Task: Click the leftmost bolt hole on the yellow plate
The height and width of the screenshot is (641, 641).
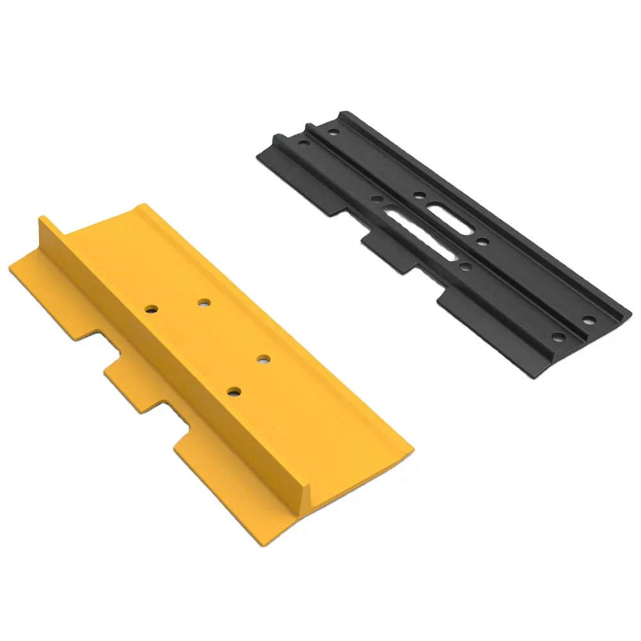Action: [x=151, y=309]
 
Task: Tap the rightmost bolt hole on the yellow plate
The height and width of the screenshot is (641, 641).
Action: [x=263, y=359]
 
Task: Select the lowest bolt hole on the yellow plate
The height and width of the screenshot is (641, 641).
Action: [x=234, y=390]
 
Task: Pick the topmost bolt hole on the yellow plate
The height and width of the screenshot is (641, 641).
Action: [x=204, y=301]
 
